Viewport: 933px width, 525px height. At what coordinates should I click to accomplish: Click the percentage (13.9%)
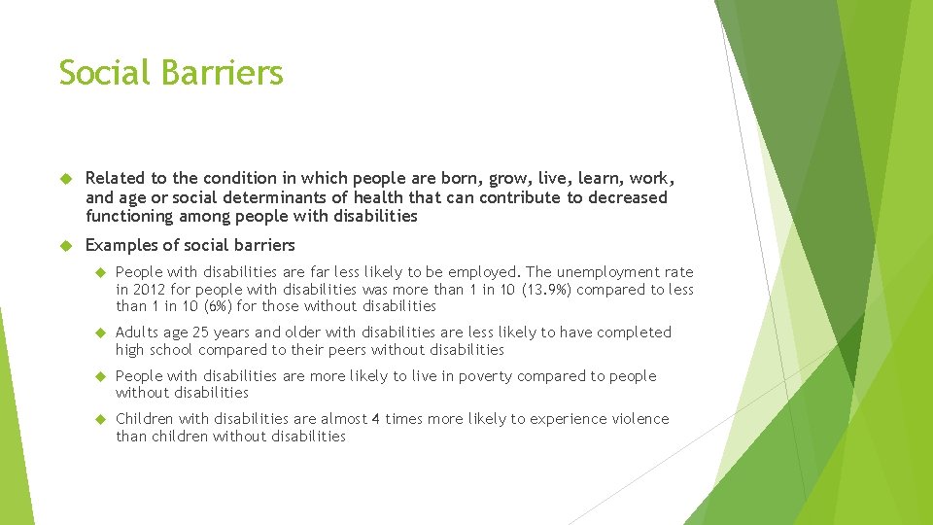(547, 290)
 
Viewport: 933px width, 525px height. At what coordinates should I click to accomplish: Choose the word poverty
(487, 376)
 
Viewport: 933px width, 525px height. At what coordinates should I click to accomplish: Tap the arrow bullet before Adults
(98, 332)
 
